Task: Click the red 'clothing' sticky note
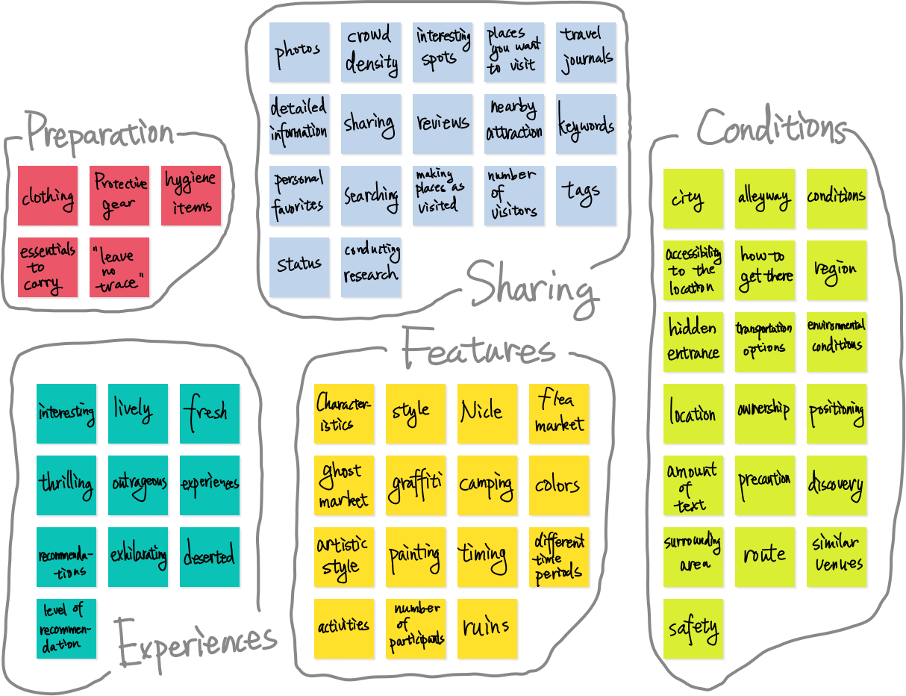pos(48,196)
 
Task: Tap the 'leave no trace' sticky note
pos(119,268)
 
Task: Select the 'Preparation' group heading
pos(100,134)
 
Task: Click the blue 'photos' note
pos(299,52)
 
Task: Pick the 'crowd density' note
pos(371,52)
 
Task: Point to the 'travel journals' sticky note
pos(587,52)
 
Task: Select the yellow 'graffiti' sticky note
pos(416,485)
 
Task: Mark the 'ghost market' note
pos(344,485)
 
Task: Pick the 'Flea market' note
pos(559,414)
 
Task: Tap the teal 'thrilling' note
pos(67,485)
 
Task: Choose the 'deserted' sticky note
pos(210,557)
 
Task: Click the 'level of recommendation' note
pos(67,629)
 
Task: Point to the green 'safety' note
pos(693,629)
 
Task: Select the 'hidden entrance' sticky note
pos(693,342)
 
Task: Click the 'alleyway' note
pos(765,199)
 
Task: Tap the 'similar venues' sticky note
pos(837,557)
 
